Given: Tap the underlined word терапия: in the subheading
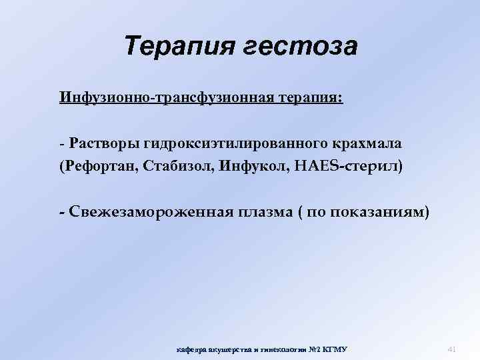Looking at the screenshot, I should pos(310,98).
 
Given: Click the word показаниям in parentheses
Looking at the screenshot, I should pos(379,213).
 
